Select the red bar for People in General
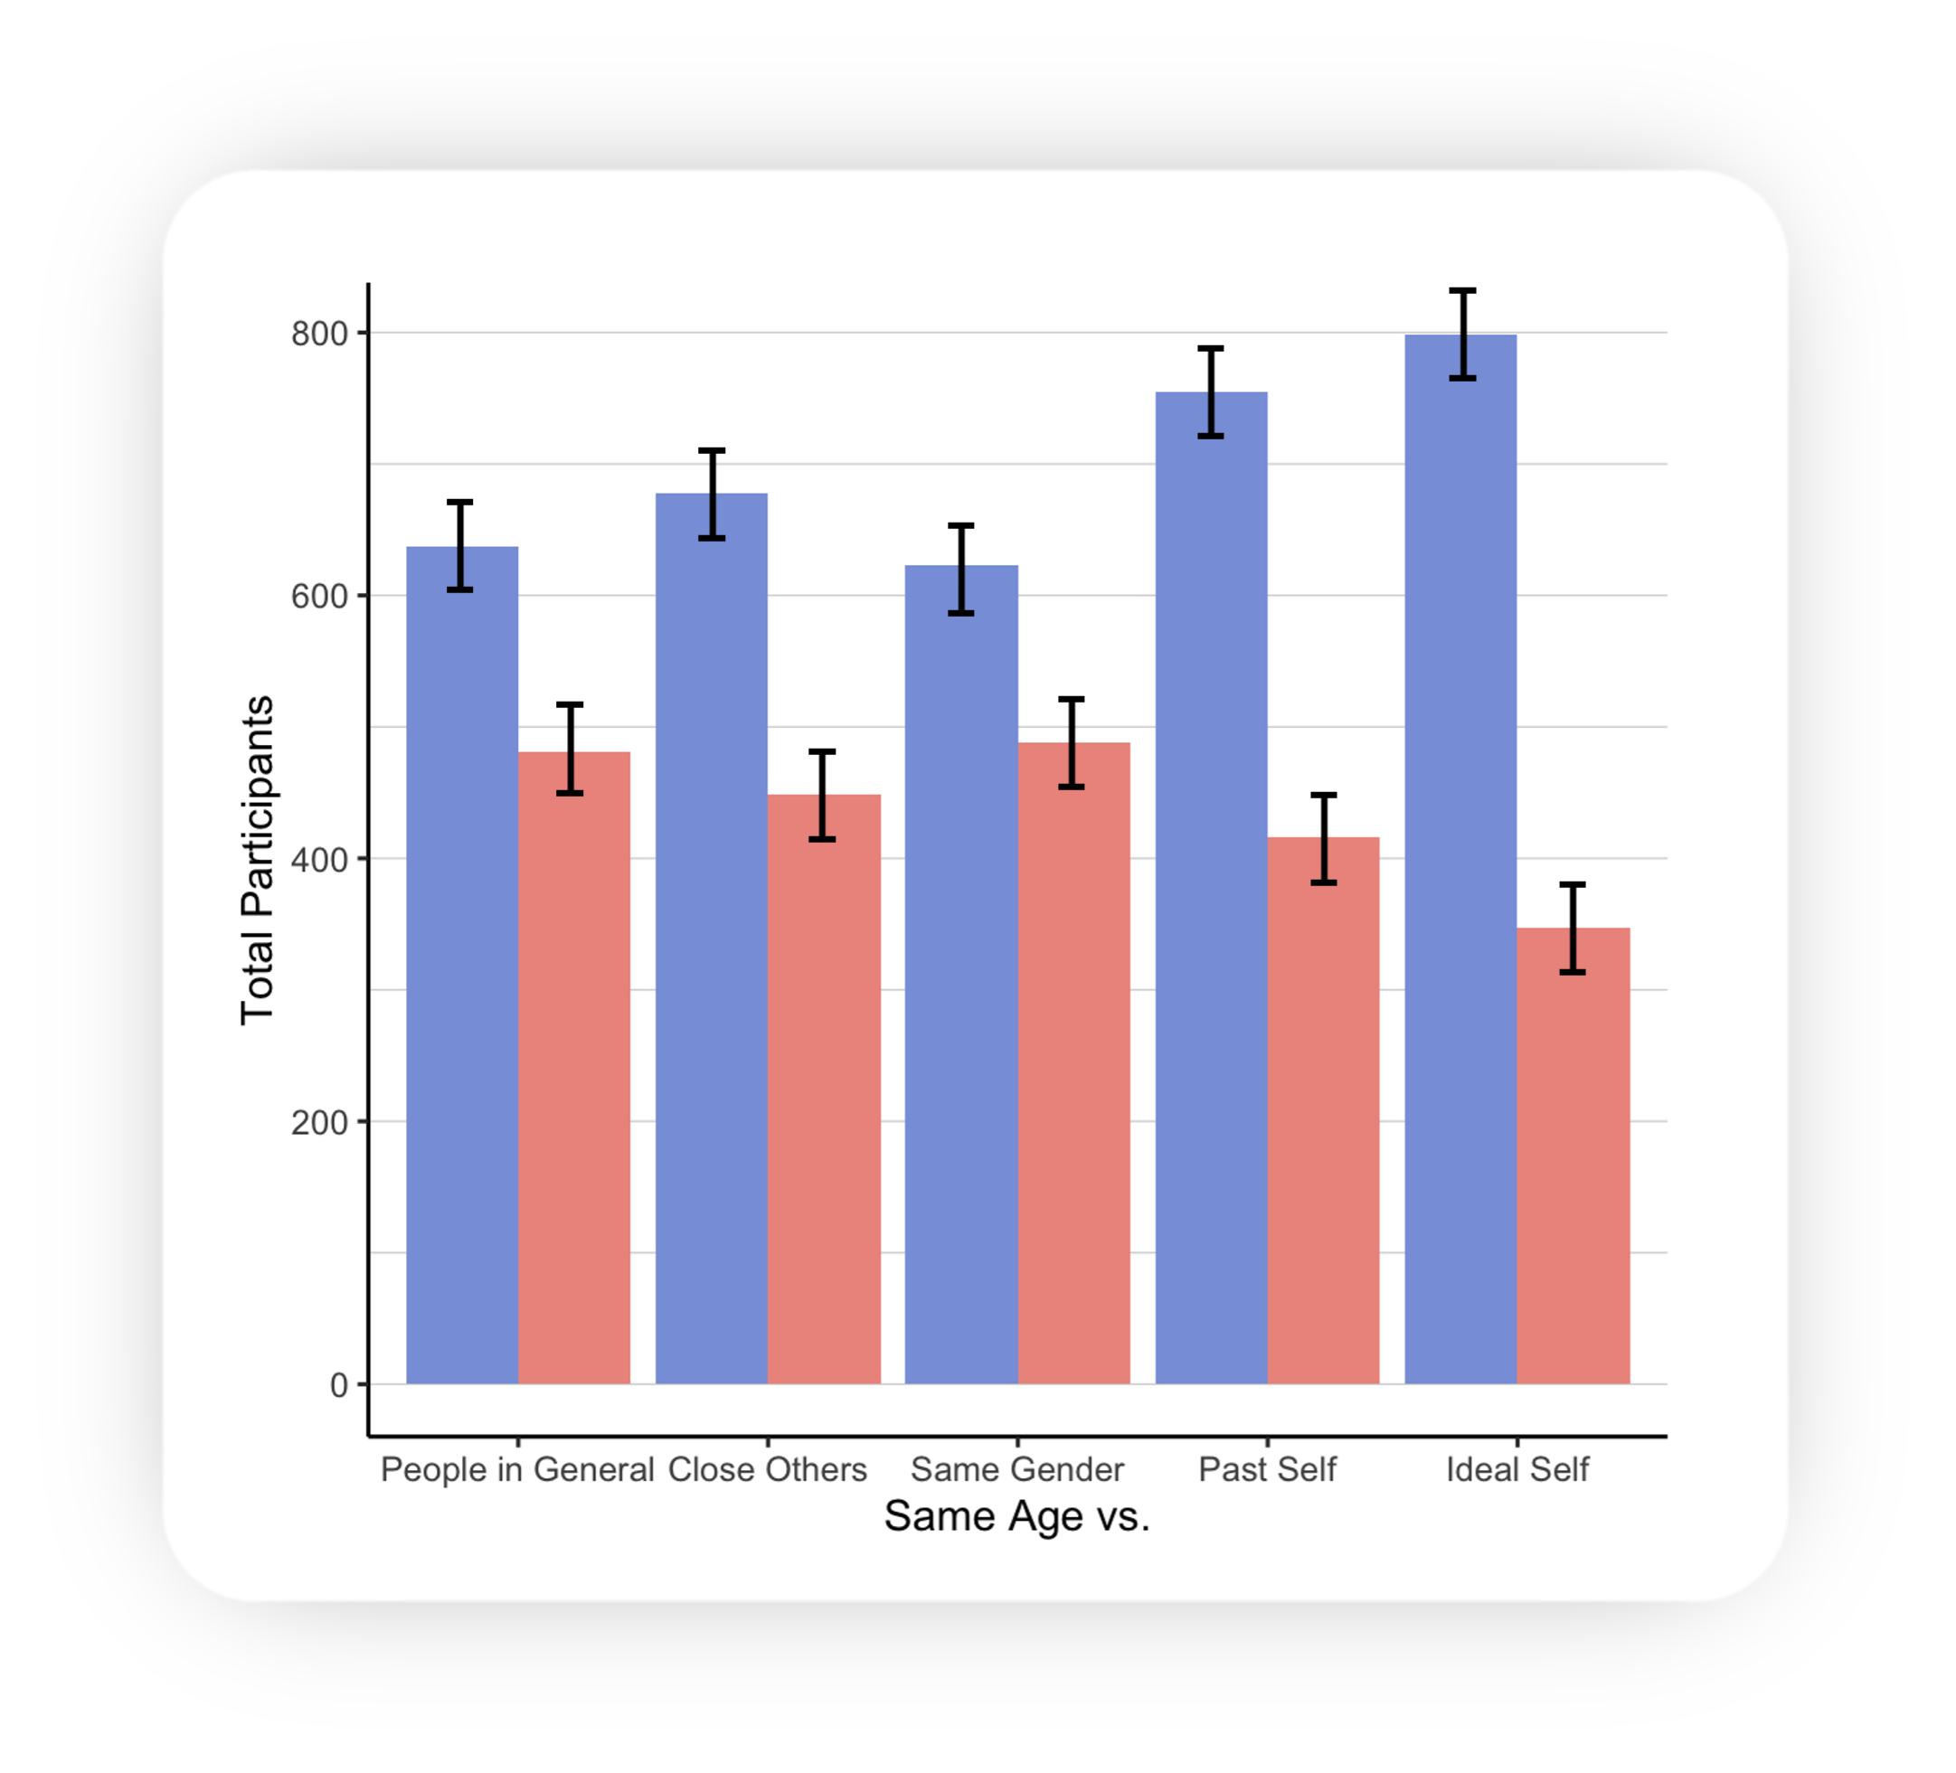(x=574, y=1067)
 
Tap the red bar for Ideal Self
(x=1573, y=1155)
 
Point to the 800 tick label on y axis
(x=319, y=334)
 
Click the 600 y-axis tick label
(x=319, y=597)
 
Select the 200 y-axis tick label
(x=319, y=1122)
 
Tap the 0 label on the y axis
(x=338, y=1385)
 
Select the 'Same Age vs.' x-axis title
(x=1016, y=1516)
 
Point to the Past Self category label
(x=1267, y=1468)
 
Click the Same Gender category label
(x=1016, y=1468)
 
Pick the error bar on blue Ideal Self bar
(x=1462, y=334)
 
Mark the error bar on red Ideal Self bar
(x=1573, y=929)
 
